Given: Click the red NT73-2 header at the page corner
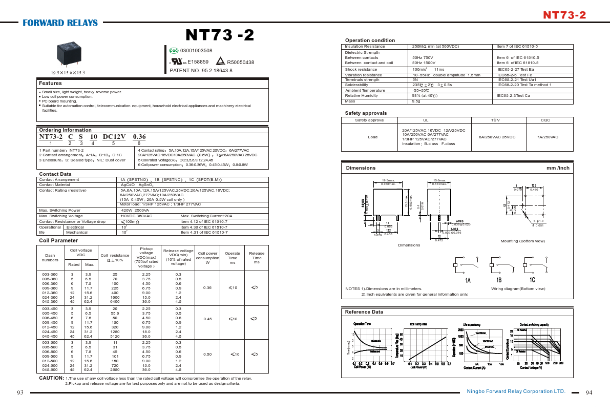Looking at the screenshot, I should click(564, 15).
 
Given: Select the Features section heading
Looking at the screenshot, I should click(51, 84).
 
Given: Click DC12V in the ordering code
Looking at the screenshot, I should click(114, 137).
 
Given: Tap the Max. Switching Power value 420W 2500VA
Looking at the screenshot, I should click(135, 211).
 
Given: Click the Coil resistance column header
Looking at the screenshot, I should click(115, 258).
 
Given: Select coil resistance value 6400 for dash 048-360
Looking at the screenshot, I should click(115, 302).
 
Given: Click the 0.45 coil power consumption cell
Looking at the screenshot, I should click(207, 319).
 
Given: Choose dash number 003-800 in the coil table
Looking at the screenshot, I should click(50, 342).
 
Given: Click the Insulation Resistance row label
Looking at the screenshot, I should click(365, 47).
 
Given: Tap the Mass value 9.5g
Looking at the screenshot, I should click(416, 101).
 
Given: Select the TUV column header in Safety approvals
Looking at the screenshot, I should click(495, 120).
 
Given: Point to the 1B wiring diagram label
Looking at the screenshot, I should click(498, 280).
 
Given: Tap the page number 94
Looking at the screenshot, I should click(588, 392).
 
